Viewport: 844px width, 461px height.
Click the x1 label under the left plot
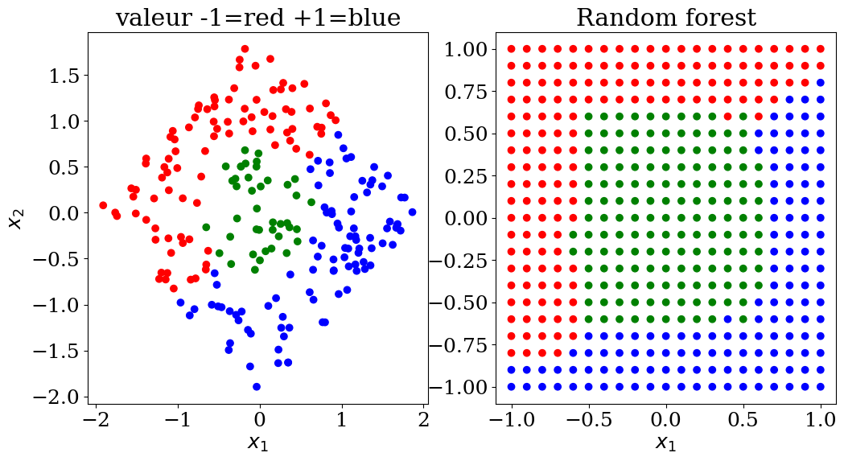[x=258, y=442]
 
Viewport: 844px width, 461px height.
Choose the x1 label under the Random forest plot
[x=665, y=442]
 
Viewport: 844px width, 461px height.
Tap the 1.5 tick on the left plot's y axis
[x=65, y=76]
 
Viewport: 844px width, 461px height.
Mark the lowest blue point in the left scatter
[x=257, y=386]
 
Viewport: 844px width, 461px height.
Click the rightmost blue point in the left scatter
[x=412, y=212]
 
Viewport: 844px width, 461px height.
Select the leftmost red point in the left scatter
[x=103, y=205]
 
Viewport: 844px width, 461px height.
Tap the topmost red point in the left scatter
[x=245, y=49]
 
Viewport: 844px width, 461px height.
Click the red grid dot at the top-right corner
[x=821, y=49]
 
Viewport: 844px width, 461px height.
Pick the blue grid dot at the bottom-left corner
[x=510, y=386]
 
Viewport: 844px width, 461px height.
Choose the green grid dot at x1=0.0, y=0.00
[x=665, y=218]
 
